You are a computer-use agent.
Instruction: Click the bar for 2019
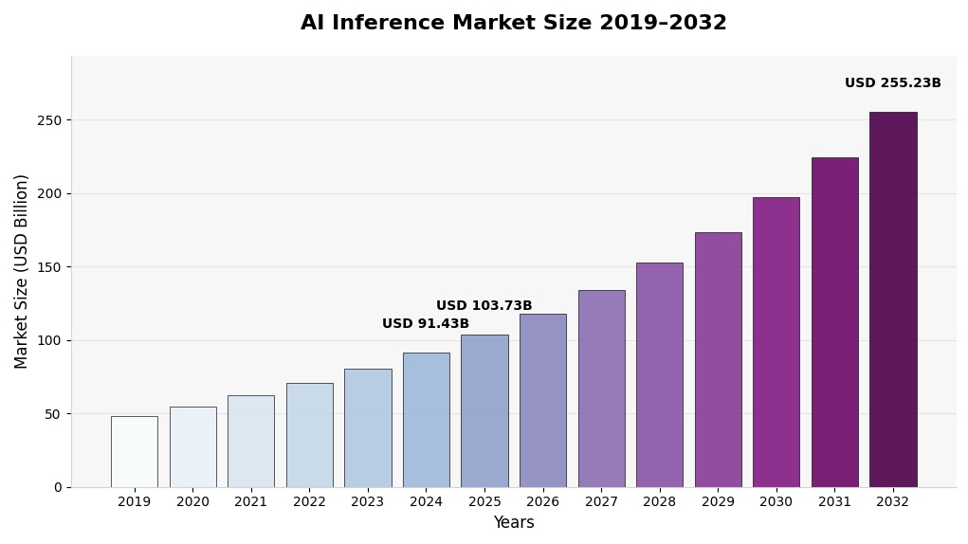tap(134, 451)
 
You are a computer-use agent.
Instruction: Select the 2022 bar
tap(309, 435)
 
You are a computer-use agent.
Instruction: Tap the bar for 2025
tap(484, 410)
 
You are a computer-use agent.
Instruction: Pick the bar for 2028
tap(659, 374)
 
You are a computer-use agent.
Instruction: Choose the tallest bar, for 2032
tap(893, 299)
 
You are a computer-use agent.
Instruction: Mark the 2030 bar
tap(776, 342)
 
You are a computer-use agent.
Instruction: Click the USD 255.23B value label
tap(892, 83)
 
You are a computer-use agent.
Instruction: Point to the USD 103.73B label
tap(484, 306)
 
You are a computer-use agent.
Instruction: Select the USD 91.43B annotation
tap(426, 324)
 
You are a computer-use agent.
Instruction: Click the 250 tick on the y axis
tap(49, 120)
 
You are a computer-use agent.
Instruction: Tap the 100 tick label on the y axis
tap(49, 340)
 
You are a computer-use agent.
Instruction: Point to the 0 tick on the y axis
tap(57, 487)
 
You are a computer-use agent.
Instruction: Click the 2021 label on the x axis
tap(250, 502)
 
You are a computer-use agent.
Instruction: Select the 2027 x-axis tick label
tap(601, 502)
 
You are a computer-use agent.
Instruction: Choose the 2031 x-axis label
tap(834, 502)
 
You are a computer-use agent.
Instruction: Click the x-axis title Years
tap(513, 523)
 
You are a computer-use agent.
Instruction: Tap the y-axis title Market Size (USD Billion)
tap(22, 271)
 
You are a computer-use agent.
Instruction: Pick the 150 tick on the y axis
tap(49, 267)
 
